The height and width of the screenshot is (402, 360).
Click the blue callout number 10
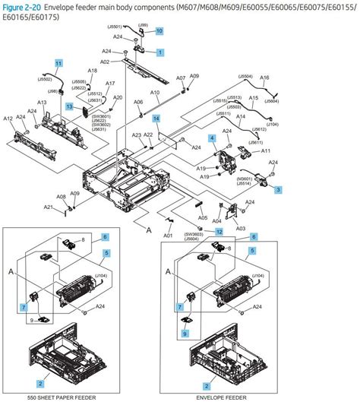pos(159,30)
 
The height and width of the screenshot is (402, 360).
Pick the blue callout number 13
pos(68,108)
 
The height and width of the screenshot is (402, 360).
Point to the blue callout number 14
pos(156,119)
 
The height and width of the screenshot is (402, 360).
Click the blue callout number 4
pos(212,138)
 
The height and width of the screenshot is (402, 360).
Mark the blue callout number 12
pos(219,231)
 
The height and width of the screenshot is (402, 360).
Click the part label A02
pos(105,62)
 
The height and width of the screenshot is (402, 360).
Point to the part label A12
pos(8,119)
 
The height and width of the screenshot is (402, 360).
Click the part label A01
pos(168,236)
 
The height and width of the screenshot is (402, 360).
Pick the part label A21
pos(47,207)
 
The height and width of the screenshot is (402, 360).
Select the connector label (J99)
pos(142,25)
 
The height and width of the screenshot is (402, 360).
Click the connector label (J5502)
pos(45,78)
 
